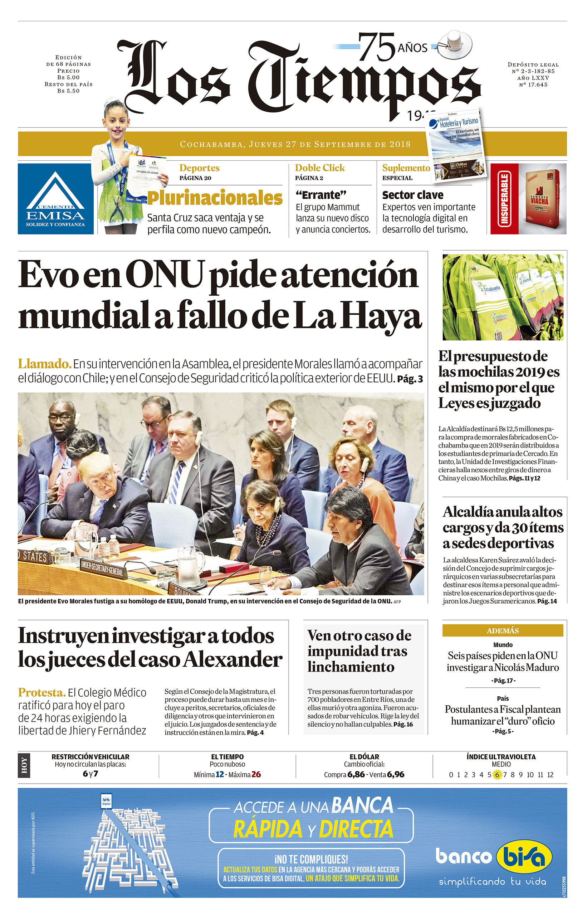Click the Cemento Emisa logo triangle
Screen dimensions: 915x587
[56, 191]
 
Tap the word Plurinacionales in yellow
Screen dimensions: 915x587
[215, 198]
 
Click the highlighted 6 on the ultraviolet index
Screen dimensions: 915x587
[496, 775]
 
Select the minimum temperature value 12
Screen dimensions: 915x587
[220, 774]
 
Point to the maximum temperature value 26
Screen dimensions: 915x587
[256, 774]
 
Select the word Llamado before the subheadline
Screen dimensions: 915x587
[44, 363]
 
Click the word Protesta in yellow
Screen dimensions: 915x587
[41, 692]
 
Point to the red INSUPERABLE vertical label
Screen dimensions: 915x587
[504, 199]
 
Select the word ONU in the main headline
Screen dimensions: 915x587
[165, 275]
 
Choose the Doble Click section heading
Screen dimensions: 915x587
[319, 168]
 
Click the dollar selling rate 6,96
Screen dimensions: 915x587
[395, 774]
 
